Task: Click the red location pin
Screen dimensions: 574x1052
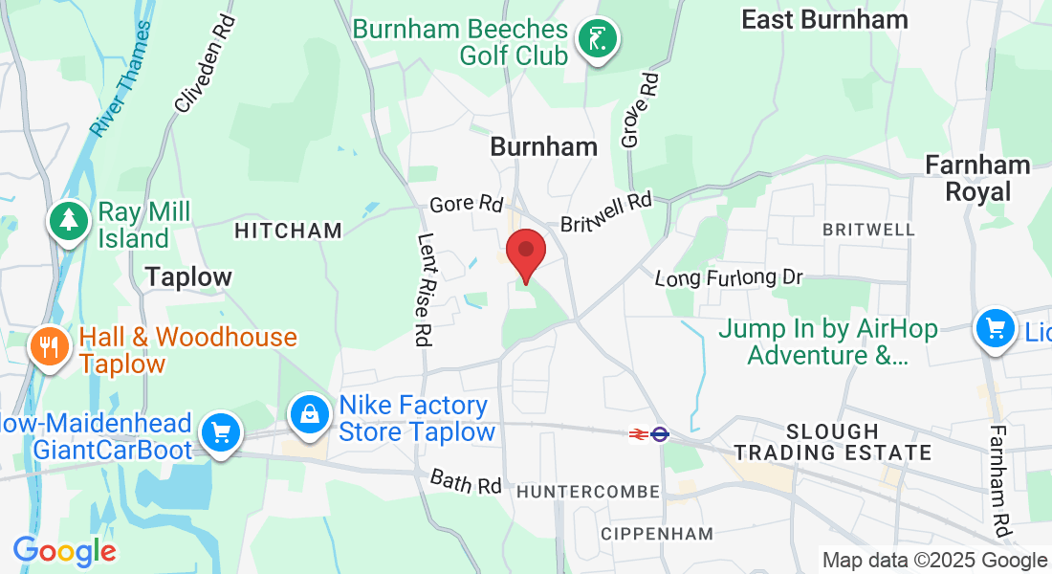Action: (x=525, y=251)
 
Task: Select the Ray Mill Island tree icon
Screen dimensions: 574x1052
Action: (x=69, y=223)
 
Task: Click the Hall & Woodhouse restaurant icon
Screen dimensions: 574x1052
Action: (x=47, y=345)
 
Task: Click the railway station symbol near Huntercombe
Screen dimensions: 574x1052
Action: (x=648, y=433)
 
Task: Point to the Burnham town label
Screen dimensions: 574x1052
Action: (x=543, y=146)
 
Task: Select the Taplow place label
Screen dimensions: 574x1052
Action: (x=188, y=277)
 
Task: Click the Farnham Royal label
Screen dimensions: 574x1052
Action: (x=977, y=178)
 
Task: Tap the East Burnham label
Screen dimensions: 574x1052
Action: (x=824, y=19)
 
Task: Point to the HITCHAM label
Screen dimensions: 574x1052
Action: (x=288, y=231)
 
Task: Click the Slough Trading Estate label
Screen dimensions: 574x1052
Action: (x=832, y=442)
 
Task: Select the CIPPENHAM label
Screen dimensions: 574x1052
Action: (x=658, y=533)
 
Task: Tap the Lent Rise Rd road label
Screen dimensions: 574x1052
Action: (x=422, y=290)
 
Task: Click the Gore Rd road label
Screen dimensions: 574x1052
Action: (x=466, y=204)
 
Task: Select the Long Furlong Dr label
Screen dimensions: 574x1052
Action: (x=728, y=278)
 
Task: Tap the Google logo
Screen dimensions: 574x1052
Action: (x=64, y=551)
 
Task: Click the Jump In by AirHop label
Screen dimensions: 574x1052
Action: (x=827, y=342)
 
